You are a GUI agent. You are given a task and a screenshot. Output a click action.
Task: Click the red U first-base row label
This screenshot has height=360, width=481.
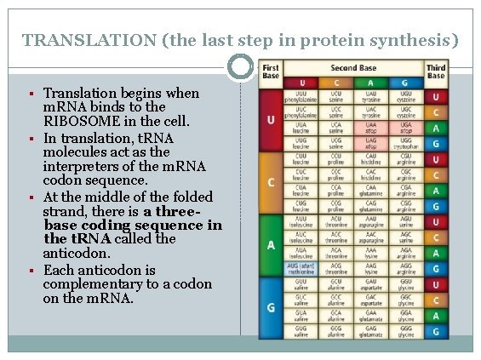pos(271,118)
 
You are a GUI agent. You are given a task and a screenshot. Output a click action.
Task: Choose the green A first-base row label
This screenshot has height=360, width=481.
pos(271,245)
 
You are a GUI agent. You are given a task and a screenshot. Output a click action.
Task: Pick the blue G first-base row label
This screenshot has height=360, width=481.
pos(271,306)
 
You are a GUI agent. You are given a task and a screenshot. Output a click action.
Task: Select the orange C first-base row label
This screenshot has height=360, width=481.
pos(271,181)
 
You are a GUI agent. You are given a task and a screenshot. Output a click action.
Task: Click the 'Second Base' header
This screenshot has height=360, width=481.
pos(355,68)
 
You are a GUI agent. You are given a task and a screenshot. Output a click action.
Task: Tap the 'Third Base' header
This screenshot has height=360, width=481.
pos(435,71)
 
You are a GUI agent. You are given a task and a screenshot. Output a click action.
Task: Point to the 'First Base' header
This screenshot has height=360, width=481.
pos(271,71)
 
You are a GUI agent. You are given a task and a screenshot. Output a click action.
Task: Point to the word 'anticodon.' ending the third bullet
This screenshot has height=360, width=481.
pos(79,254)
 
